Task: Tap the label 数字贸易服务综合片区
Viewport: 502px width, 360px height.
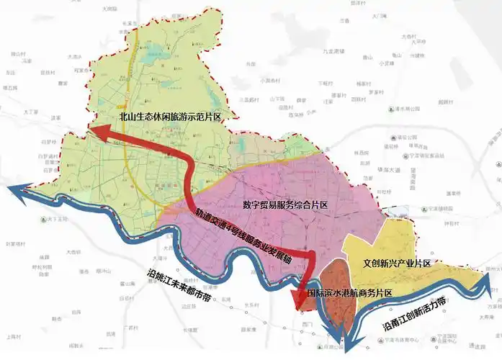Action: [285, 205]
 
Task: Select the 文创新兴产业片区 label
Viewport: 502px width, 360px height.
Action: [397, 264]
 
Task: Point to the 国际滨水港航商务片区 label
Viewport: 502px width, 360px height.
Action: [349, 293]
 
